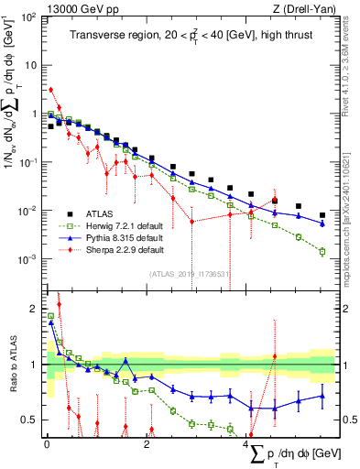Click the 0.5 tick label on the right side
coord(348,420)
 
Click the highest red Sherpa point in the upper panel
coord(51,90)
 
